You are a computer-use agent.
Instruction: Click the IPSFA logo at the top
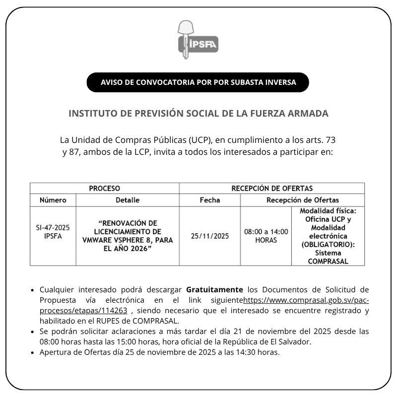click(198, 40)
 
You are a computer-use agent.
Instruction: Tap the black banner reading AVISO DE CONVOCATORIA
click(198, 82)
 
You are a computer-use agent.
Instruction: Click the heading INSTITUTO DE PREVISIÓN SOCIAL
click(198, 113)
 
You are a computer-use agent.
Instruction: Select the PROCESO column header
click(104, 189)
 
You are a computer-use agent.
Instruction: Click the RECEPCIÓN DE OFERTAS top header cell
click(272, 189)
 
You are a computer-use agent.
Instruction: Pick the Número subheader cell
click(53, 200)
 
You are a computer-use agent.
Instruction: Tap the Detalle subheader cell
click(128, 200)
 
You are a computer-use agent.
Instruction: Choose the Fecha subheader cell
click(209, 200)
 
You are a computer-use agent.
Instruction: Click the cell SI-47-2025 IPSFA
click(53, 232)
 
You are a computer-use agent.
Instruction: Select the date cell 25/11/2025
click(209, 236)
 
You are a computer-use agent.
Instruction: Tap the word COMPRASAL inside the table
click(328, 261)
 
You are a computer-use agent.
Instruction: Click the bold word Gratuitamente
click(214, 289)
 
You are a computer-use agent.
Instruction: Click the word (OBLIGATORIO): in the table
click(328, 244)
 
